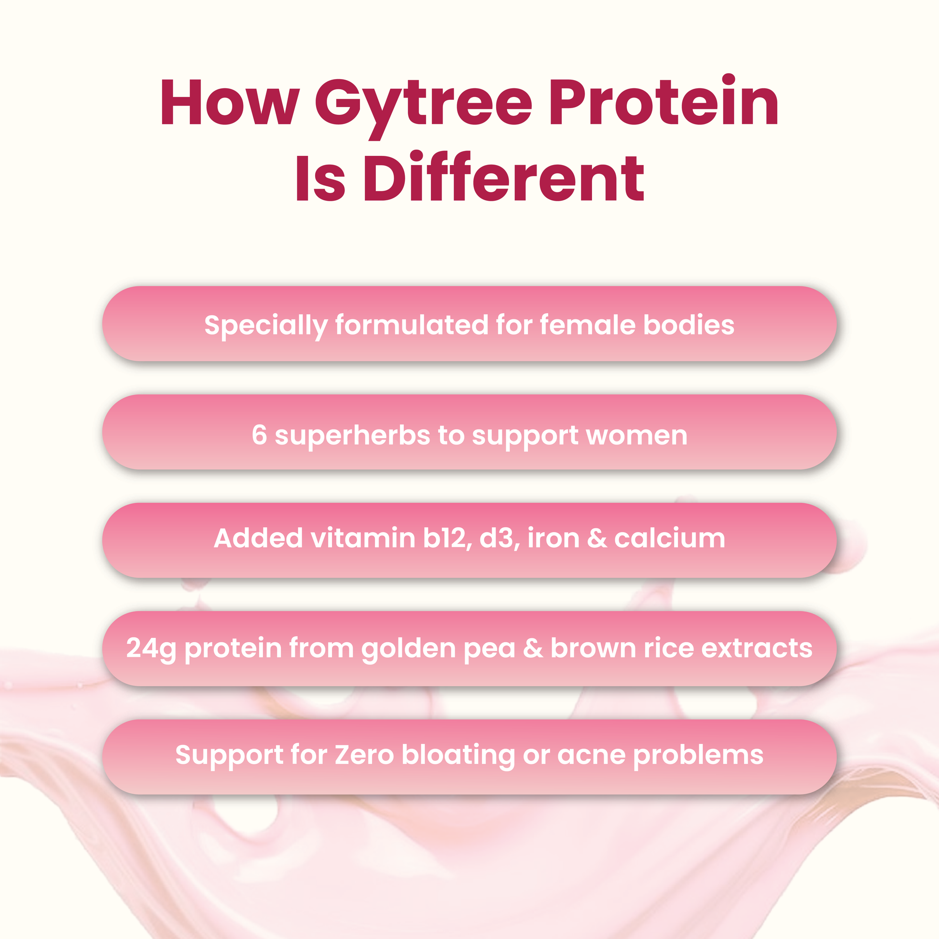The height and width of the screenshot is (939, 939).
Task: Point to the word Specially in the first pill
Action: tap(265, 326)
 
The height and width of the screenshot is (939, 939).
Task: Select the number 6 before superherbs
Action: tap(259, 434)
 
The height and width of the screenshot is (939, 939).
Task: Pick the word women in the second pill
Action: tap(636, 437)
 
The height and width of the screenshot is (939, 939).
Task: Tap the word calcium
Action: tap(669, 538)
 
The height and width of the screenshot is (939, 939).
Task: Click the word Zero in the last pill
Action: tap(363, 755)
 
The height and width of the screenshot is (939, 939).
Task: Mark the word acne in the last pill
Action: tap(591, 757)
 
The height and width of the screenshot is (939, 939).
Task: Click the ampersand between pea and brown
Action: tap(533, 649)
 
